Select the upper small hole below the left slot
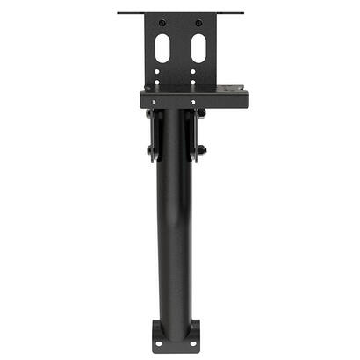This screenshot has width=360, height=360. pos(159,70)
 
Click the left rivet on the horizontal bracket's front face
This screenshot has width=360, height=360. pos(155,102)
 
